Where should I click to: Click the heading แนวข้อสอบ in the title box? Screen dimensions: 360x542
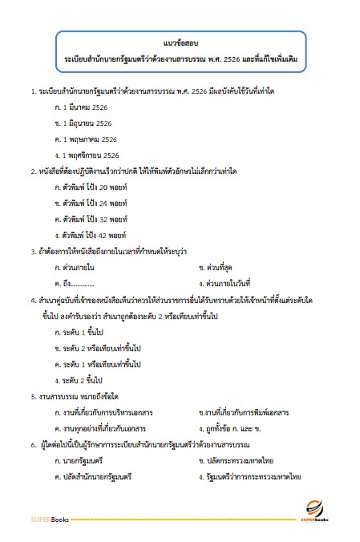tap(180, 43)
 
